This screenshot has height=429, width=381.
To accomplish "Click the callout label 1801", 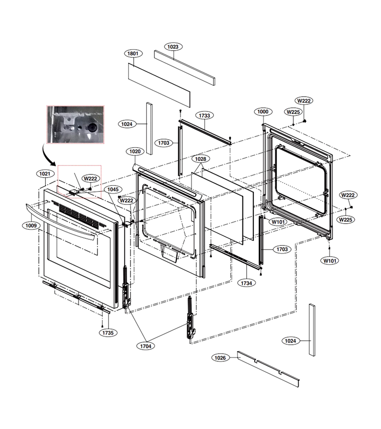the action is [x=133, y=53].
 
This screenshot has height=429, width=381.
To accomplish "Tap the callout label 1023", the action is [x=173, y=47].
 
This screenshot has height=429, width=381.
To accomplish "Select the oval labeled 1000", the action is [x=263, y=112].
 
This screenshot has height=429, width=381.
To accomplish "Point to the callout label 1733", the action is [x=204, y=115].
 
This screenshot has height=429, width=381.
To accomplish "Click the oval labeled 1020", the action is [x=135, y=151].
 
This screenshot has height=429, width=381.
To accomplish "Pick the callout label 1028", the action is [x=201, y=159].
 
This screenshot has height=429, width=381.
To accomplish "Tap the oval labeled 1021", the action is [x=45, y=174].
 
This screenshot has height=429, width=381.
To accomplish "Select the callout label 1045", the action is [x=113, y=189].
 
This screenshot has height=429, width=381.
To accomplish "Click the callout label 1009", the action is [x=31, y=226].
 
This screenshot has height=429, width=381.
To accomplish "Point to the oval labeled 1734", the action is [x=246, y=283].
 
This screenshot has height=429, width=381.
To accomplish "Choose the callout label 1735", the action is [x=108, y=333].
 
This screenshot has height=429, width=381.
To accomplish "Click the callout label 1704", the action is [x=146, y=346].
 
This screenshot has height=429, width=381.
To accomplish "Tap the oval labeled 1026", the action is [x=221, y=358].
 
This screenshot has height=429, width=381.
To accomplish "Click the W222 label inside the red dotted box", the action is [x=90, y=179].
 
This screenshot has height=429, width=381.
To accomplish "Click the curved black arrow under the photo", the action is [x=48, y=156].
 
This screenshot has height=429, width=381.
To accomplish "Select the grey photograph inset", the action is [x=76, y=124].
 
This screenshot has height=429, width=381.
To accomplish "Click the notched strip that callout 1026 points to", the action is [x=268, y=369].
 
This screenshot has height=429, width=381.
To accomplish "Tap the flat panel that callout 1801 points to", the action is [x=159, y=85].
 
